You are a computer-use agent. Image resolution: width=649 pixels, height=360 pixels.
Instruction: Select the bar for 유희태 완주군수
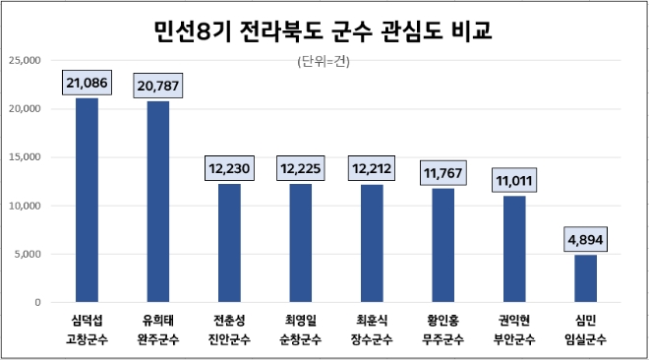[158, 202]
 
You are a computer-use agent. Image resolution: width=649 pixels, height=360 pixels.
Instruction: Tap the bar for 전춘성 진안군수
[229, 243]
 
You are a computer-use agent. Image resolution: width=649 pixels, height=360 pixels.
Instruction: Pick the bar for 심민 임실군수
[585, 278]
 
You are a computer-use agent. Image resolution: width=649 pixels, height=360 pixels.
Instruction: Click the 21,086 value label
[87, 84]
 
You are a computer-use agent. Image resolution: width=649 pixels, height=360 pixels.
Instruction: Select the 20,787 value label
[158, 87]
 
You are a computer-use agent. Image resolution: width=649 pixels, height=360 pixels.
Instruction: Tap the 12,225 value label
[300, 169]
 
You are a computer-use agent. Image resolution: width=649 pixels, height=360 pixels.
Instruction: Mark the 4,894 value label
[585, 240]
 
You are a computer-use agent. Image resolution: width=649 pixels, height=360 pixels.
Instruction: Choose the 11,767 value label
[442, 174]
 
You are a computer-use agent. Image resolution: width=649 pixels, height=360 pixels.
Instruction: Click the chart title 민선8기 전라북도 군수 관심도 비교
[324, 31]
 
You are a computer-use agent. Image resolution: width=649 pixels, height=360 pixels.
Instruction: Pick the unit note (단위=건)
[323, 63]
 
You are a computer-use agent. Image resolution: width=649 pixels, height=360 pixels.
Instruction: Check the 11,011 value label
[514, 181]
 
